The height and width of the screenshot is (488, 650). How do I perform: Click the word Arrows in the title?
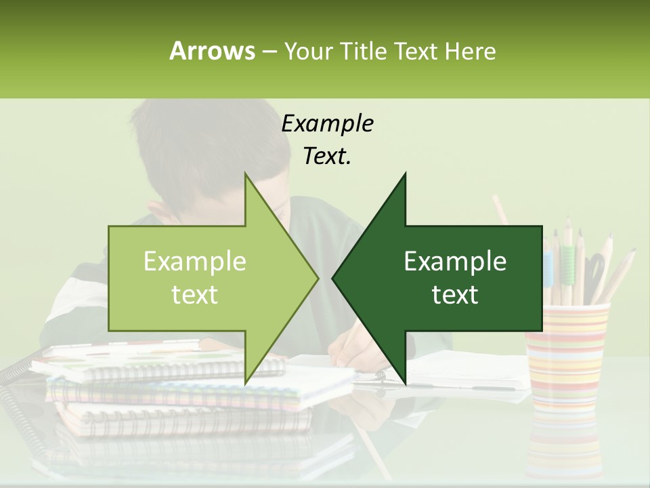[x=212, y=51]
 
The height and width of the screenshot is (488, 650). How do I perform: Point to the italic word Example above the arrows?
[x=327, y=124]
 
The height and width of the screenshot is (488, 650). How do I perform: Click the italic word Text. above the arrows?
[x=327, y=157]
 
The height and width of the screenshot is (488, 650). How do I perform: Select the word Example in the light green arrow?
[x=194, y=262]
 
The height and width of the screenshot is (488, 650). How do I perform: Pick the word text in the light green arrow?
[x=194, y=295]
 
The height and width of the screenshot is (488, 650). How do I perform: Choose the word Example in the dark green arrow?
[x=455, y=262]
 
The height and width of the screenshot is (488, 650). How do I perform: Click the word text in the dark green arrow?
[x=455, y=295]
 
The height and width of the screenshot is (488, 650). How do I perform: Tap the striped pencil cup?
[x=567, y=352]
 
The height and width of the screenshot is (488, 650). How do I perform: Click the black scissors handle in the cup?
[x=594, y=268]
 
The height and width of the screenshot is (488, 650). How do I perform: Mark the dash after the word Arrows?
[x=269, y=51]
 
